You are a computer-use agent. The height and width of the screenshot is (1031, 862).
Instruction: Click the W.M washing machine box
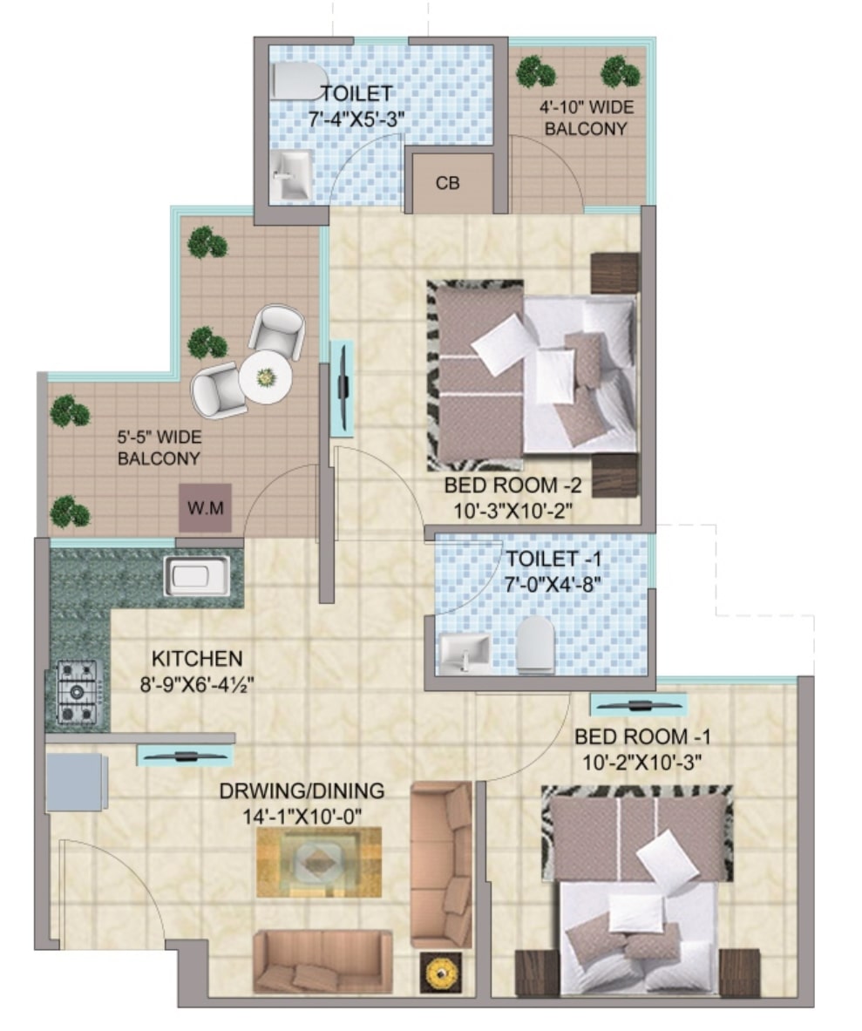point(206,508)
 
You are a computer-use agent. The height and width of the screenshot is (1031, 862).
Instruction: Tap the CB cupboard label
point(448,183)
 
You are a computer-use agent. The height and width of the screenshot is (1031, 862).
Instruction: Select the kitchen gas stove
point(78,692)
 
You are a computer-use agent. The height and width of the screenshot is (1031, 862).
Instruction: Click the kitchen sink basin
point(197,575)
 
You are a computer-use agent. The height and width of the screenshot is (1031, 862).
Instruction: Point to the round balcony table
point(266,378)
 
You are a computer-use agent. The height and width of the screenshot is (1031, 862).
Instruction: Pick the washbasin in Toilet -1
point(465,654)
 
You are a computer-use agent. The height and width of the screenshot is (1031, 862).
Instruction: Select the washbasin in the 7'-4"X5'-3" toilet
point(290,174)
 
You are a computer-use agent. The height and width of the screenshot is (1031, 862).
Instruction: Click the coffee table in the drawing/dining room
point(319,862)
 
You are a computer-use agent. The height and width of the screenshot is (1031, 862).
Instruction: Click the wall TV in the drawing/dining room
point(186,756)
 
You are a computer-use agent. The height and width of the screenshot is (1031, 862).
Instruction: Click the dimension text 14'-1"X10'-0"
point(302,817)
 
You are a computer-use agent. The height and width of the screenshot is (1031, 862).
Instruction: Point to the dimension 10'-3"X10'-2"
point(512,510)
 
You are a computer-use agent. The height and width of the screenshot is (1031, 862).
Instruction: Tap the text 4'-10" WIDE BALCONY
point(586,117)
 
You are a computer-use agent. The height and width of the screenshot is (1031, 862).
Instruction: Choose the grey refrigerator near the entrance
point(77,783)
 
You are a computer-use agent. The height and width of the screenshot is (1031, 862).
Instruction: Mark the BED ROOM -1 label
point(642,737)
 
